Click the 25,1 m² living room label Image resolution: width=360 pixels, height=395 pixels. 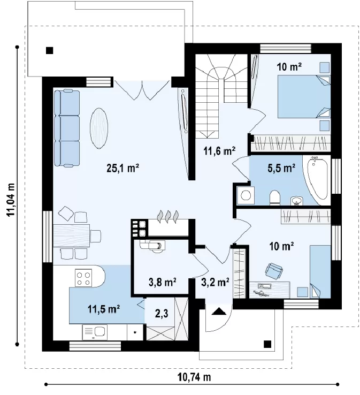123,168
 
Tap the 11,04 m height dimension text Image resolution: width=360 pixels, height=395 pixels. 11,200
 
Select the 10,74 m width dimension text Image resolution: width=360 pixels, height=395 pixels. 194,377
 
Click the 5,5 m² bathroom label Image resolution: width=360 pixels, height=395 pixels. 281,168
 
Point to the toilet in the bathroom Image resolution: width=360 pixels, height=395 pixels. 274,197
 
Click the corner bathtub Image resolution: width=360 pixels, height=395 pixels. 317,180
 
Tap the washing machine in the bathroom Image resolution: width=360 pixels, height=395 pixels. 246,195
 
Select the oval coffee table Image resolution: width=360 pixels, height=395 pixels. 99,129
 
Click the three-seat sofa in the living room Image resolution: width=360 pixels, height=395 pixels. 67,128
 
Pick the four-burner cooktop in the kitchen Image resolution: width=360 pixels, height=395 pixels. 83,278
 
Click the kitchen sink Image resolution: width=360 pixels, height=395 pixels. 95,332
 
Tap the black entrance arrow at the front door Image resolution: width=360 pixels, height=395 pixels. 219,312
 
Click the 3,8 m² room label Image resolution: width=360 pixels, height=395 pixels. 162,283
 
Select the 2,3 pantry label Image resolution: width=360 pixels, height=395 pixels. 162,314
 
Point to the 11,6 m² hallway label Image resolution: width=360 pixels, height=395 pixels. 219,151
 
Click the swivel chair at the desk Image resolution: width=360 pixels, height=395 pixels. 274,271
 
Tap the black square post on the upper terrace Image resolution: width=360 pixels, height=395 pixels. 50,51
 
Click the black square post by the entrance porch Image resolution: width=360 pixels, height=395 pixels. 267,344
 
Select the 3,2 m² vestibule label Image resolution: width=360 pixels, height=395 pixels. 215,283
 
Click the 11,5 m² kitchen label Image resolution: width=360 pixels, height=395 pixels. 103,309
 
